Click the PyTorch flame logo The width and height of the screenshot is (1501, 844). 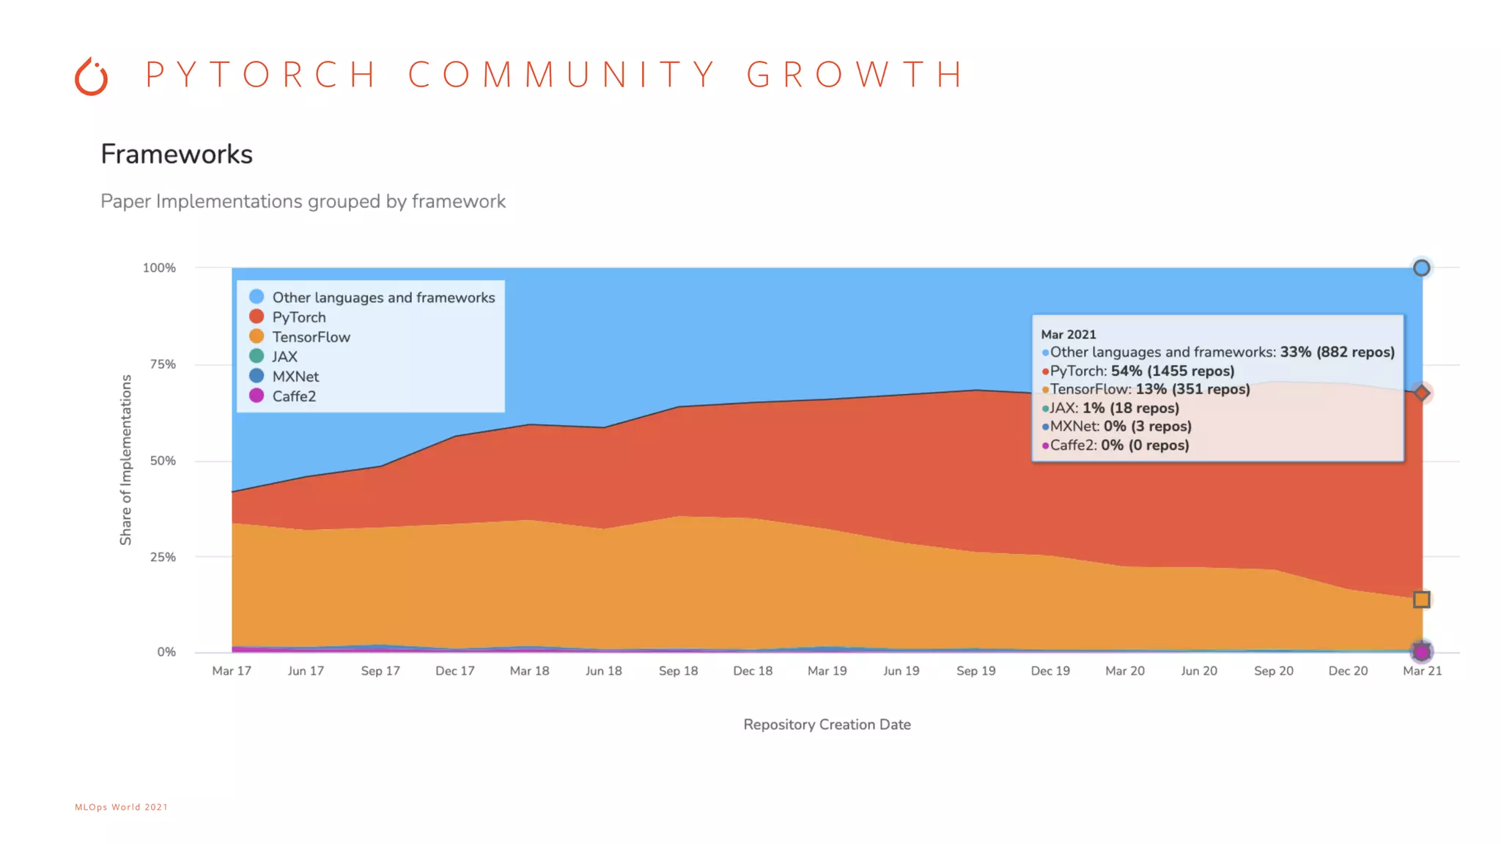(x=92, y=76)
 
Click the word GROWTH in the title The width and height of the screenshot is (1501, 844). (x=855, y=74)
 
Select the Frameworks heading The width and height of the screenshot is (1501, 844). (x=177, y=154)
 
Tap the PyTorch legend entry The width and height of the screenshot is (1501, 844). (x=298, y=317)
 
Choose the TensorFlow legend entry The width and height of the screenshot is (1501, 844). (x=311, y=337)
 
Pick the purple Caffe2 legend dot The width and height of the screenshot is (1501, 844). (x=257, y=396)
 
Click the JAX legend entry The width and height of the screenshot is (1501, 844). (x=284, y=357)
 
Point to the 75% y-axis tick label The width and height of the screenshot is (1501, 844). (x=163, y=364)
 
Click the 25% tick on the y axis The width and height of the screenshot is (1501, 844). (x=163, y=557)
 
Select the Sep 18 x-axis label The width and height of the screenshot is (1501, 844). (x=678, y=670)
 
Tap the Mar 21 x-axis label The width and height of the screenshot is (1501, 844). (x=1422, y=670)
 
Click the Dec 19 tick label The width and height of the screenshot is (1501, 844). (x=1050, y=670)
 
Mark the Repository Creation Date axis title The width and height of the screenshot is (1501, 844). (x=827, y=725)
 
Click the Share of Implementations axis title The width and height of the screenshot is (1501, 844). (x=126, y=460)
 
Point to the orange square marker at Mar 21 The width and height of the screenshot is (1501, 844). (x=1421, y=599)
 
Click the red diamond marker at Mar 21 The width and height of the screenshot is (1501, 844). (x=1421, y=393)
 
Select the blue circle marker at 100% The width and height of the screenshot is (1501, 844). (x=1421, y=268)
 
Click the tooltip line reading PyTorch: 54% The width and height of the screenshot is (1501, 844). (x=1142, y=371)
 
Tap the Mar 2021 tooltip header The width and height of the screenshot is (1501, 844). (x=1069, y=334)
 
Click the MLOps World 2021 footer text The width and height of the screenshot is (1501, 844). (x=122, y=807)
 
